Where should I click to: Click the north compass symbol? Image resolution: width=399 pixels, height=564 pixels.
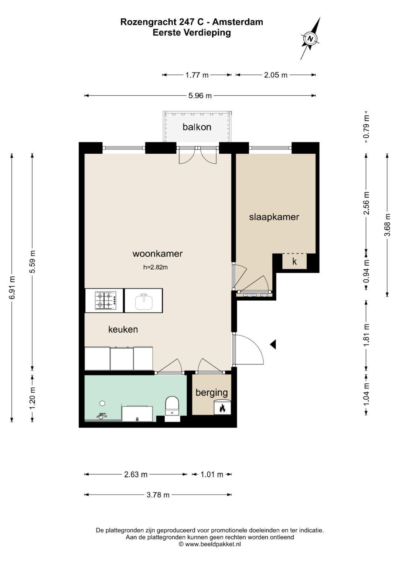pyautogui.click(x=310, y=39)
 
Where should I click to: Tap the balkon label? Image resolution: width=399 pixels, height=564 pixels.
pyautogui.click(x=197, y=127)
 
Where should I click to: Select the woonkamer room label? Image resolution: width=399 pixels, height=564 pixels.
pyautogui.click(x=157, y=253)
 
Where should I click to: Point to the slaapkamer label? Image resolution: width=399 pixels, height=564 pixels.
pyautogui.click(x=274, y=217)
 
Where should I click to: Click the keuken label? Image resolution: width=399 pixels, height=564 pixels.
pyautogui.click(x=123, y=329)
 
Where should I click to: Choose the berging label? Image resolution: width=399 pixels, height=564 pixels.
pyautogui.click(x=212, y=393)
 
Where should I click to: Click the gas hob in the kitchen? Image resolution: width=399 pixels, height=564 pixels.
pyautogui.click(x=106, y=300)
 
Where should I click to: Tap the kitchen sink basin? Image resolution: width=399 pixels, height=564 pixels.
pyautogui.click(x=144, y=302)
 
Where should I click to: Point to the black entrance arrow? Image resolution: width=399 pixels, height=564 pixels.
pyautogui.click(x=273, y=344)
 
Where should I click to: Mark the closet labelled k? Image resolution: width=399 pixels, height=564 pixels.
pyautogui.click(x=294, y=262)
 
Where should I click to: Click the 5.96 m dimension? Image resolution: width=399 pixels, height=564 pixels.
pyautogui.click(x=200, y=95)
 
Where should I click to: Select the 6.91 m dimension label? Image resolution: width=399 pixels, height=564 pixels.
pyautogui.click(x=11, y=287)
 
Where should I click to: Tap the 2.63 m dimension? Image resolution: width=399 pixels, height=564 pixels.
pyautogui.click(x=136, y=474)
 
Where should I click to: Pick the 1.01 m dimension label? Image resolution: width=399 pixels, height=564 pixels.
pyautogui.click(x=212, y=474)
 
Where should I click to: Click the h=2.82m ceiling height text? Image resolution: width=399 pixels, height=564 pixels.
pyautogui.click(x=156, y=267)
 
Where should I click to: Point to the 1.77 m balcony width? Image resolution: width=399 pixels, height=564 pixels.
pyautogui.click(x=197, y=75)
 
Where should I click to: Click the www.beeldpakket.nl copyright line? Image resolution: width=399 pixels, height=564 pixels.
pyautogui.click(x=210, y=544)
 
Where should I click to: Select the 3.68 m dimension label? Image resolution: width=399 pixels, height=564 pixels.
pyautogui.click(x=388, y=225)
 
